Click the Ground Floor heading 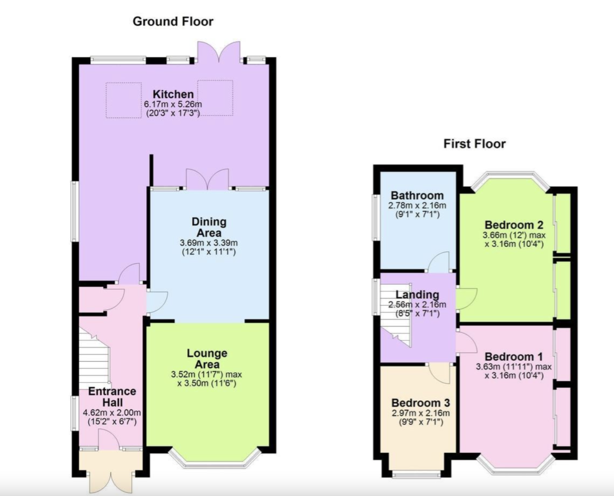[x=173, y=22]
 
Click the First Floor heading [x=474, y=144]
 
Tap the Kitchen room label [x=173, y=94]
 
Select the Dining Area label [x=209, y=227]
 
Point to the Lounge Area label [x=207, y=358]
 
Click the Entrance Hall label [x=112, y=397]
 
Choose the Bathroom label [x=417, y=195]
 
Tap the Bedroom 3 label [x=420, y=403]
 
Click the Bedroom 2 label [x=514, y=225]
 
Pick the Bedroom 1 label [x=514, y=356]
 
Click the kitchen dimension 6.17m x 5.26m [x=173, y=104]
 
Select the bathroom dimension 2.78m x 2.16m [x=417, y=205]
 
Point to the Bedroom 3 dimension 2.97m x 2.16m [x=420, y=413]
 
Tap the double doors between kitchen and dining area [x=208, y=179]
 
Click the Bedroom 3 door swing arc [x=440, y=373]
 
